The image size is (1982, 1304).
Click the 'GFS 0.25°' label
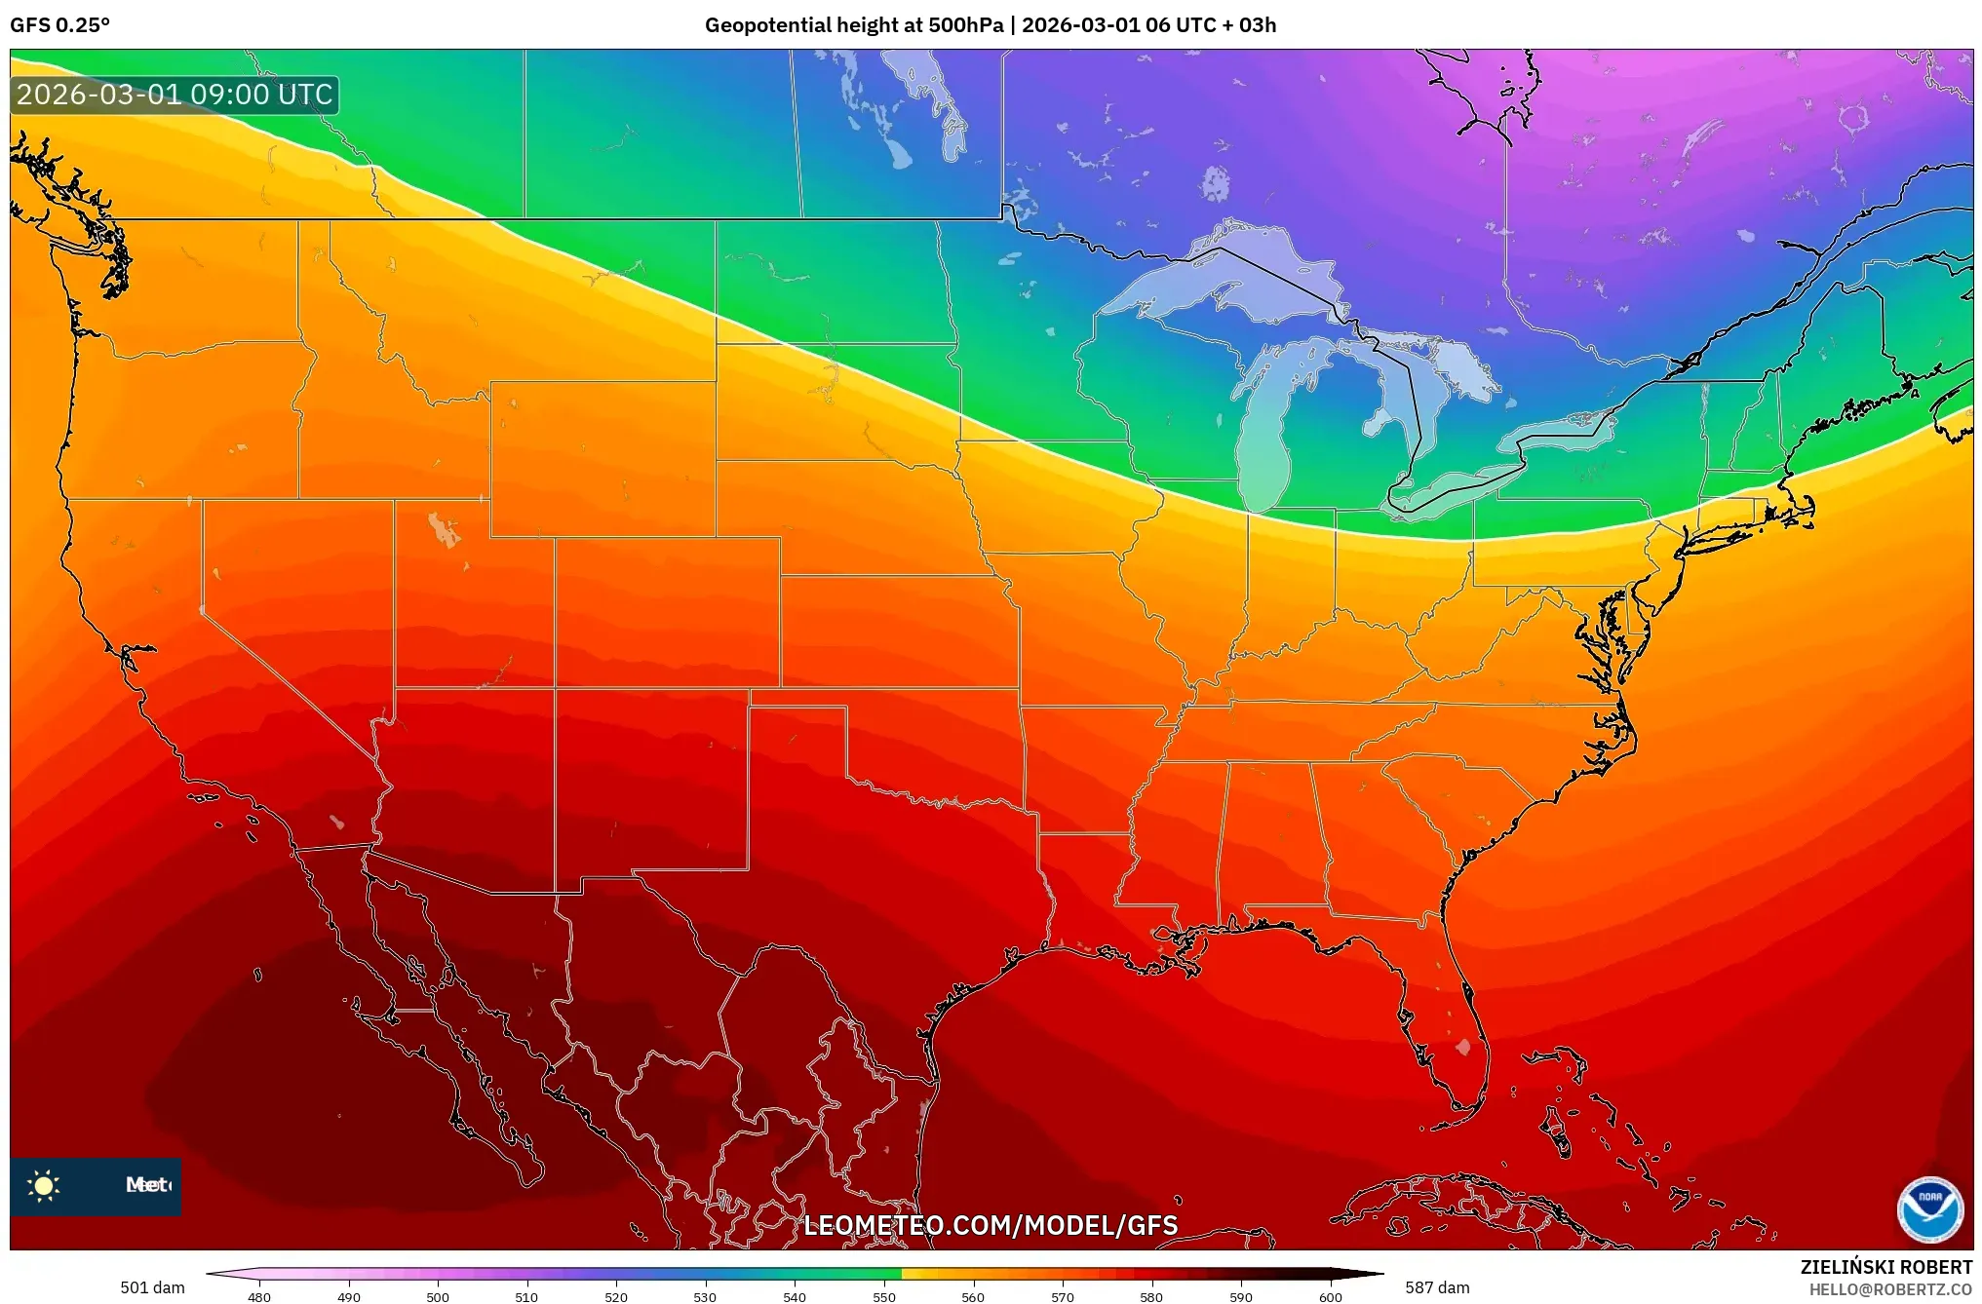[x=59, y=25]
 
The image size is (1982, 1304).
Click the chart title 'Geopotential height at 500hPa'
[x=853, y=25]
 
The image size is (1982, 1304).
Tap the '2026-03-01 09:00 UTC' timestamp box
[x=175, y=95]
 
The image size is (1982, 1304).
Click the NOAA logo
[x=1928, y=1208]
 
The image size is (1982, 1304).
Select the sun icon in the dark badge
[x=44, y=1185]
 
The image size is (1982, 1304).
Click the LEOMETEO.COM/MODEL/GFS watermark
[x=990, y=1225]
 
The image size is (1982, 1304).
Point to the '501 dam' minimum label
[x=152, y=1287]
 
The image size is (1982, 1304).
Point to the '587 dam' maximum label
[x=1437, y=1287]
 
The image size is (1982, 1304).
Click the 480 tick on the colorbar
[x=259, y=1296]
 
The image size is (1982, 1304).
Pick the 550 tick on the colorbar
[x=884, y=1296]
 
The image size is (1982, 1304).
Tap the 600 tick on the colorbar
[x=1330, y=1296]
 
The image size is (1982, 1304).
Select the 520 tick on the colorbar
[x=616, y=1296]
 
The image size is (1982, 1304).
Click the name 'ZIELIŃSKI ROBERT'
[x=1885, y=1267]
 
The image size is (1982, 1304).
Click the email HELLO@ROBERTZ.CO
[x=1890, y=1289]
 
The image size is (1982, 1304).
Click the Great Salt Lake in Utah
[x=444, y=530]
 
